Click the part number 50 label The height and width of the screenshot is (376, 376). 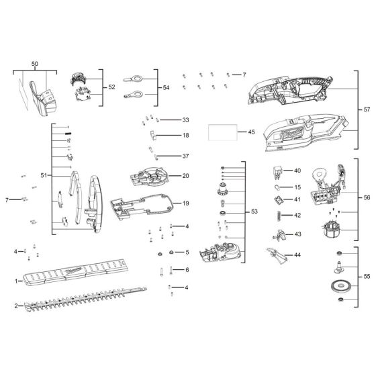35,64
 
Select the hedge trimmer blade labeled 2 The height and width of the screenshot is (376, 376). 85,299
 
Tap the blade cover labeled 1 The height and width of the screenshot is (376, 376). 75,272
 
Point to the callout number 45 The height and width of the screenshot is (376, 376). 251,132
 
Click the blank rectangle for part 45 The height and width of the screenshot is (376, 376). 223,132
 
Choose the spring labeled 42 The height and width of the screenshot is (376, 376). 279,216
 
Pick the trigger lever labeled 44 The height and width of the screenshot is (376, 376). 277,255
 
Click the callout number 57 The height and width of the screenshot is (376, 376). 367,109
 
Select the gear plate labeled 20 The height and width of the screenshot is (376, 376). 149,177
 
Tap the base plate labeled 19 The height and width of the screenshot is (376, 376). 142,206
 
